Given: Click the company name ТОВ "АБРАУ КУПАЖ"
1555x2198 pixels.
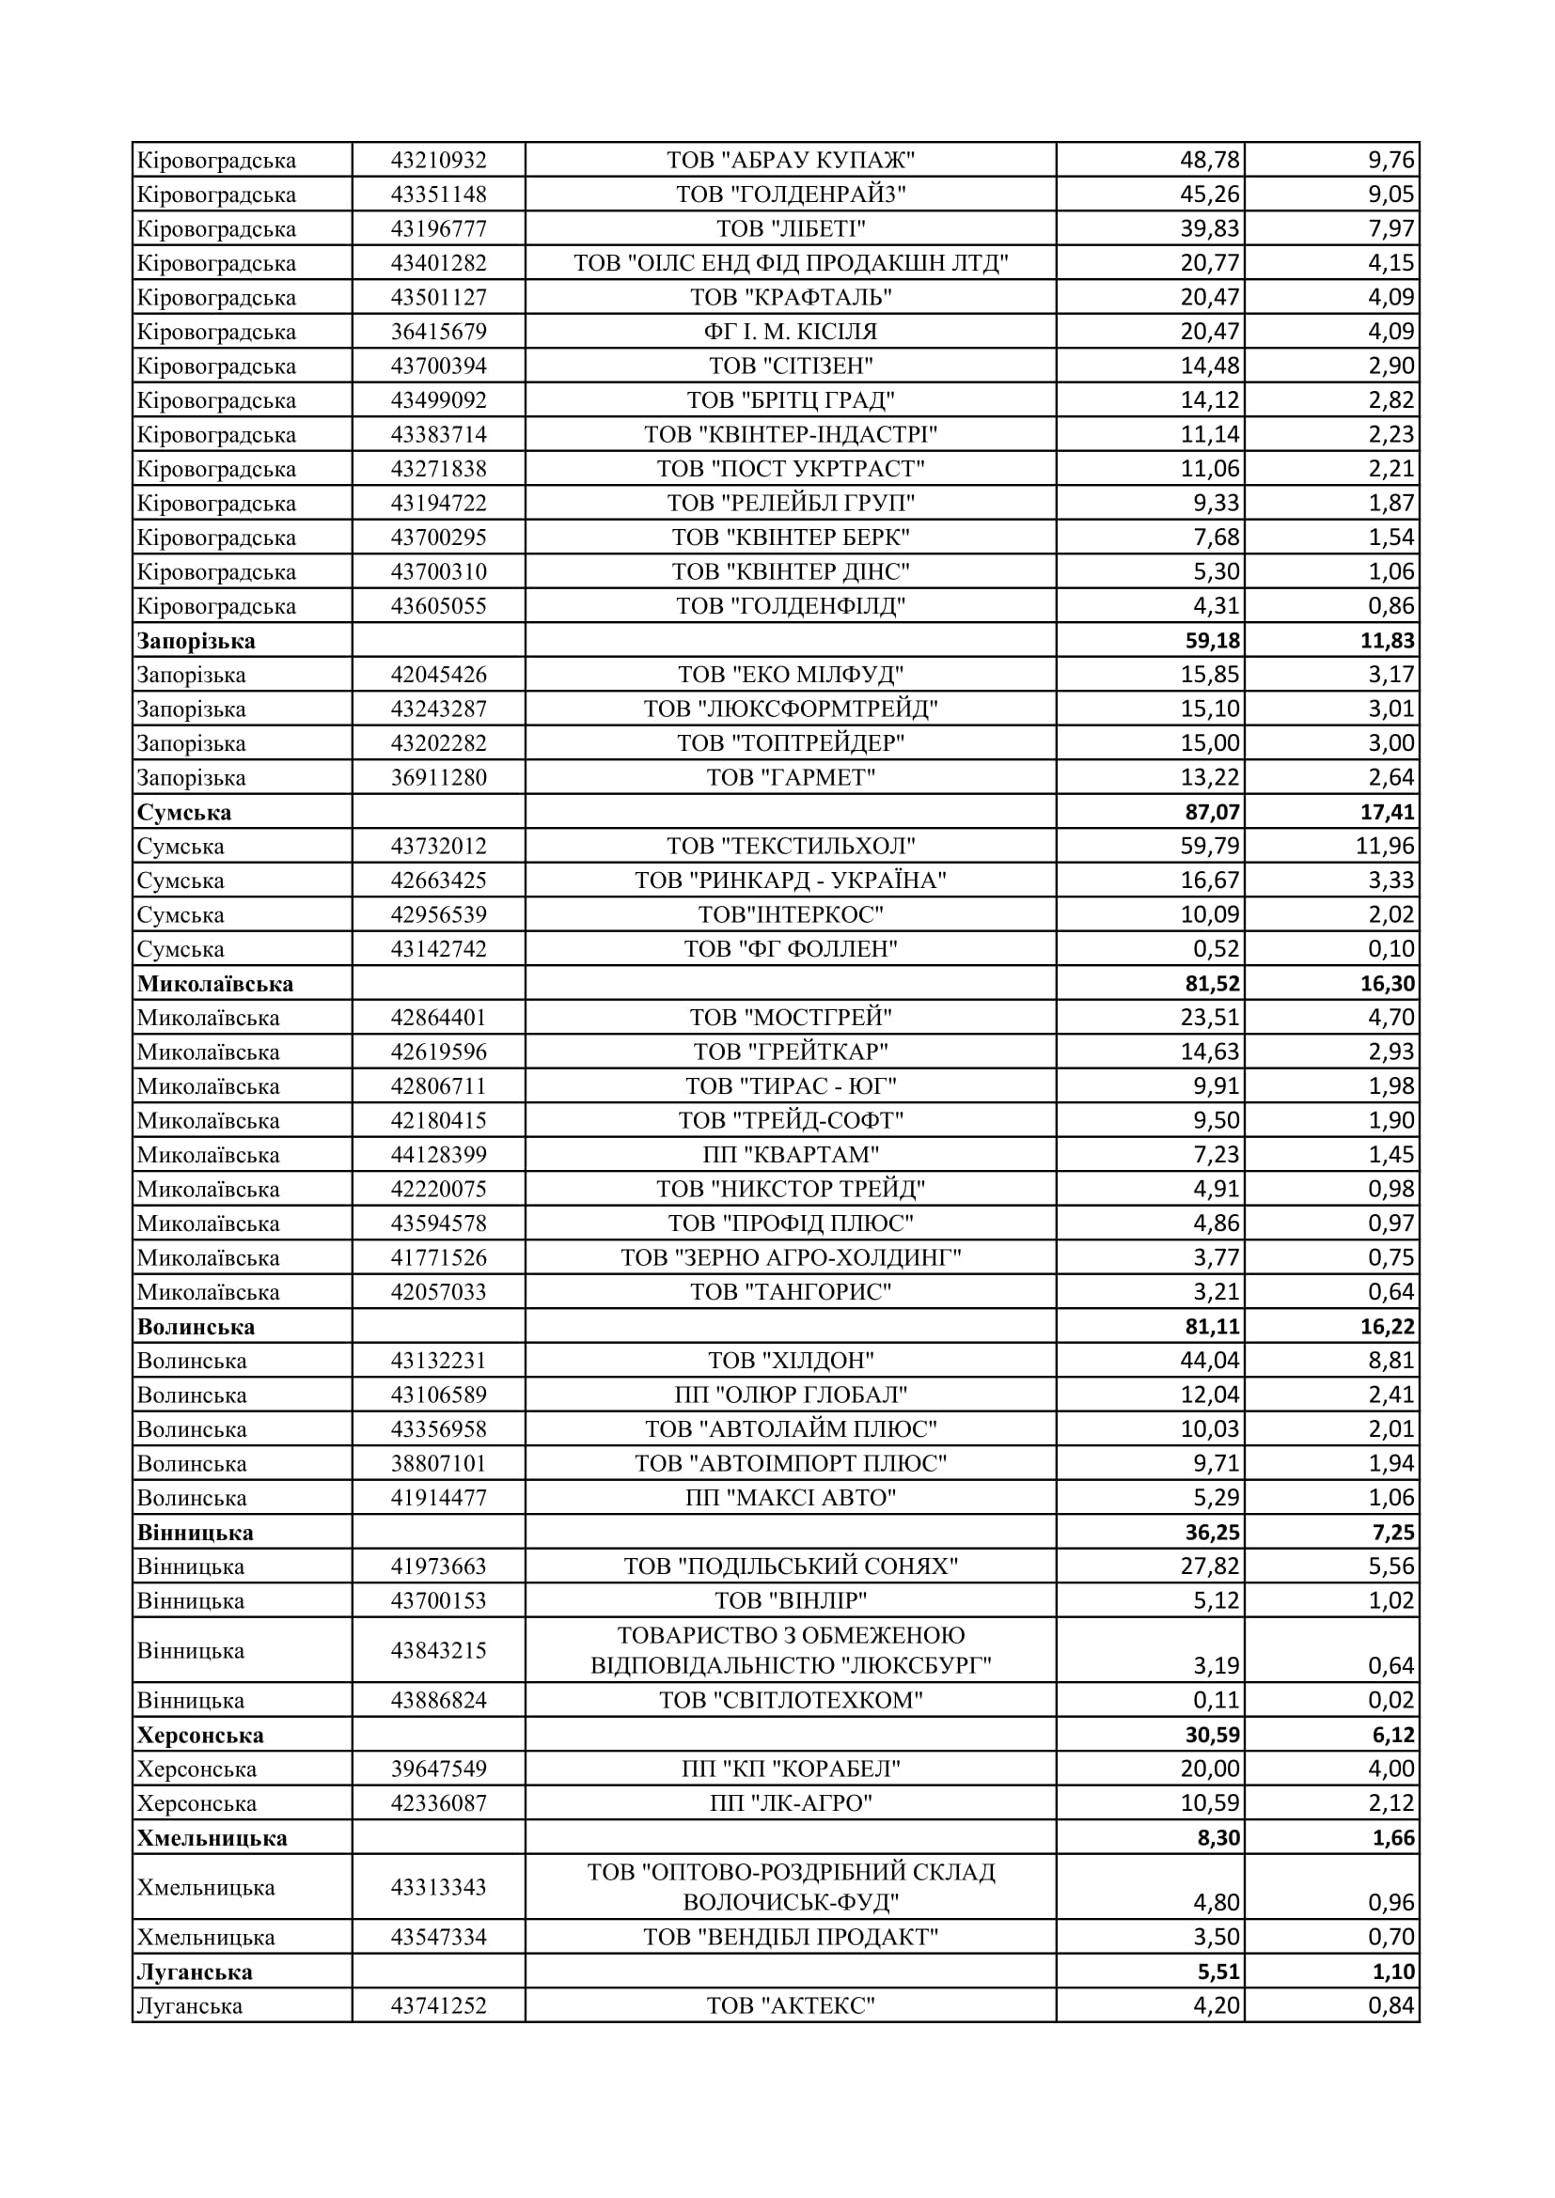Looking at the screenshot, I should coord(790,160).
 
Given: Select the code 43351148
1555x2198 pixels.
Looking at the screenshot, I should coord(437,195).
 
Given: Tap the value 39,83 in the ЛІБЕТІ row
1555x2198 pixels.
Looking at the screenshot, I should coord(1209,228).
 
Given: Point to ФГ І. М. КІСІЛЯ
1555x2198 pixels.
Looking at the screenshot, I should coord(790,332).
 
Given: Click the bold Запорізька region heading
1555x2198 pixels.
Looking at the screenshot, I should coord(196,642).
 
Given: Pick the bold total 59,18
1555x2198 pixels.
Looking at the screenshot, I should coord(1211,642).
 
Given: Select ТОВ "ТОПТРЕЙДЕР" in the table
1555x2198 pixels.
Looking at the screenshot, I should coord(790,744).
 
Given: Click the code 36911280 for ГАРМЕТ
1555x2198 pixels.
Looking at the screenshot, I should coord(437,778).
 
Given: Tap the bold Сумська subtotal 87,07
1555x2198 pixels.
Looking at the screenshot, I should coord(1211,813).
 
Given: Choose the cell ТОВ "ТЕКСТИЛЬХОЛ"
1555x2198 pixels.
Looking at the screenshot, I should coord(790,847).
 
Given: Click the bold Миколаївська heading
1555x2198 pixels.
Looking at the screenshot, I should coord(214,984).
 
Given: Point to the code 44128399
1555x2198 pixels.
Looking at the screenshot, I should coord(437,1156).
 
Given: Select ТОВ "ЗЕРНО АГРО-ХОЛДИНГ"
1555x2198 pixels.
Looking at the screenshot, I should coord(790,1258).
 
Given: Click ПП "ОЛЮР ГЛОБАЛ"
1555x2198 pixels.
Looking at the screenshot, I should coord(790,1395).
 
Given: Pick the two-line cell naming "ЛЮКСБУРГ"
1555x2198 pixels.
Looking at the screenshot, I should coord(790,1650).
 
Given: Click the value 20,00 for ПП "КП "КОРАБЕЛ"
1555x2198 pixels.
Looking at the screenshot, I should coord(1209,1769).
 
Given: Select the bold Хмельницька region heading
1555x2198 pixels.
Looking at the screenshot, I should coord(212,1838).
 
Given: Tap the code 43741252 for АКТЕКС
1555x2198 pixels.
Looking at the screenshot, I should coord(437,2005).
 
